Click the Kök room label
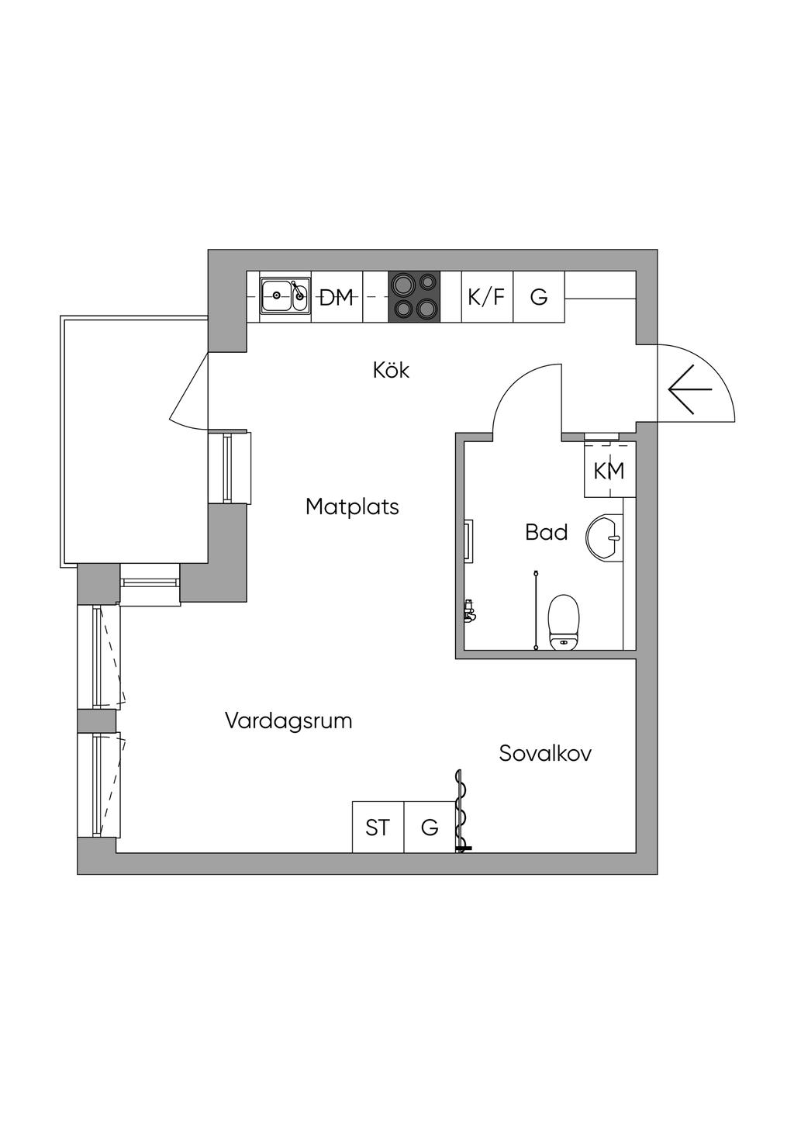click(391, 371)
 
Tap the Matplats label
click(352, 507)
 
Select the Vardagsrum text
click(288, 721)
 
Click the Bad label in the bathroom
click(547, 532)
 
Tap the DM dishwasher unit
click(337, 297)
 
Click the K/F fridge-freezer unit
click(487, 297)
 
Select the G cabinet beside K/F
click(539, 297)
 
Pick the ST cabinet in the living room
click(378, 827)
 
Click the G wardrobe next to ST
click(430, 827)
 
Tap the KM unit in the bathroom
click(609, 470)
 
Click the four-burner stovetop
click(415, 297)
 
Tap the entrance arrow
click(690, 389)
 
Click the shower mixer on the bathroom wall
click(470, 610)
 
